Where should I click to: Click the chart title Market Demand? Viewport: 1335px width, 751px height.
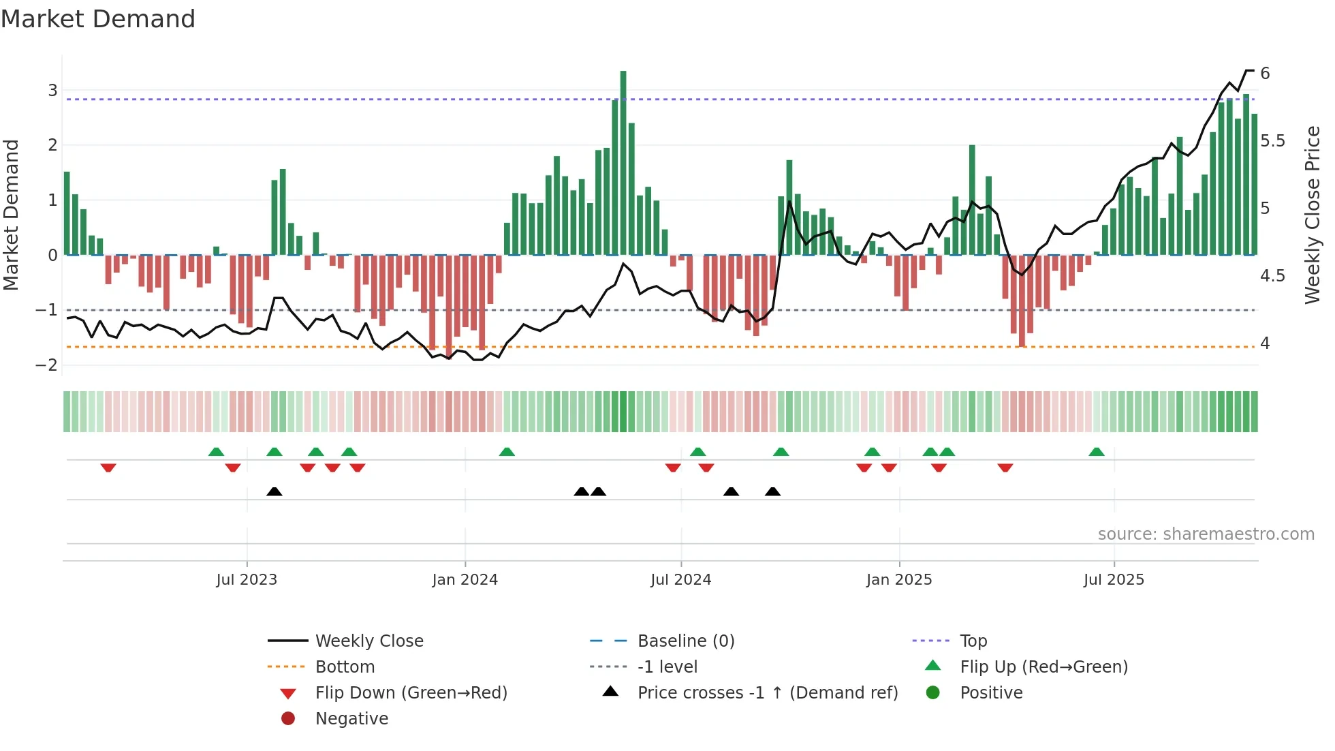point(98,19)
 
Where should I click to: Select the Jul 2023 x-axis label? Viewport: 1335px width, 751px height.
point(247,580)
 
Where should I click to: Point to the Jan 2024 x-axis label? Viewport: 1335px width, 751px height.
point(465,580)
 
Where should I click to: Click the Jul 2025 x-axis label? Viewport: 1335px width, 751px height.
point(1114,580)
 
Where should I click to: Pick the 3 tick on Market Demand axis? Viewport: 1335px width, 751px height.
point(52,90)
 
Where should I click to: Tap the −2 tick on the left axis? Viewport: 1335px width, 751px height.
point(47,365)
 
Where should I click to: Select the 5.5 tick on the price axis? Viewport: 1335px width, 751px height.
point(1272,141)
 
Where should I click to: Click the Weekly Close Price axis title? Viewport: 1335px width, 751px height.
point(1312,215)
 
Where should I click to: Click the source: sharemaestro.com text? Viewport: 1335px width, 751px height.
point(1206,534)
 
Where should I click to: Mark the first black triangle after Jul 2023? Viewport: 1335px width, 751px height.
point(274,492)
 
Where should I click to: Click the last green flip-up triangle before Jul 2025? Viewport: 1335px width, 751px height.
point(1096,452)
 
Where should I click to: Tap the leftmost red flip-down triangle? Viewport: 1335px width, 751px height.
point(108,468)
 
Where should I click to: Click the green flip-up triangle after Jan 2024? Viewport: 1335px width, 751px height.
point(507,452)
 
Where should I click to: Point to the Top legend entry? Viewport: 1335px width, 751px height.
point(973,641)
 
